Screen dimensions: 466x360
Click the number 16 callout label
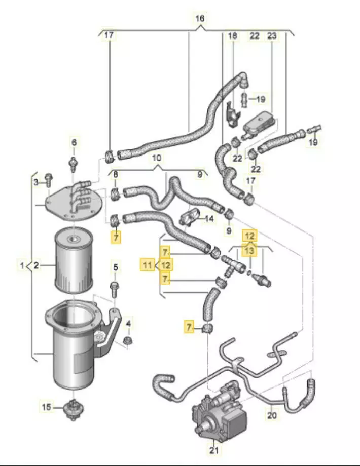200,19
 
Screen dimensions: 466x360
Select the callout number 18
232,36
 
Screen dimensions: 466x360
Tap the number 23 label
272,36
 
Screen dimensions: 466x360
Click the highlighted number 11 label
148,264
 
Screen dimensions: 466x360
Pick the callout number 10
157,158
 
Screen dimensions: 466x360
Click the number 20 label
272,415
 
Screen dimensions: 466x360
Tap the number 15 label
46,406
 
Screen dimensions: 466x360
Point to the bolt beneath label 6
74,163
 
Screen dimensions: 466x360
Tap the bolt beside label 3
49,178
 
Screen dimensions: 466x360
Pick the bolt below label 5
114,289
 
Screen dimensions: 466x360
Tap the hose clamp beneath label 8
115,193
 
